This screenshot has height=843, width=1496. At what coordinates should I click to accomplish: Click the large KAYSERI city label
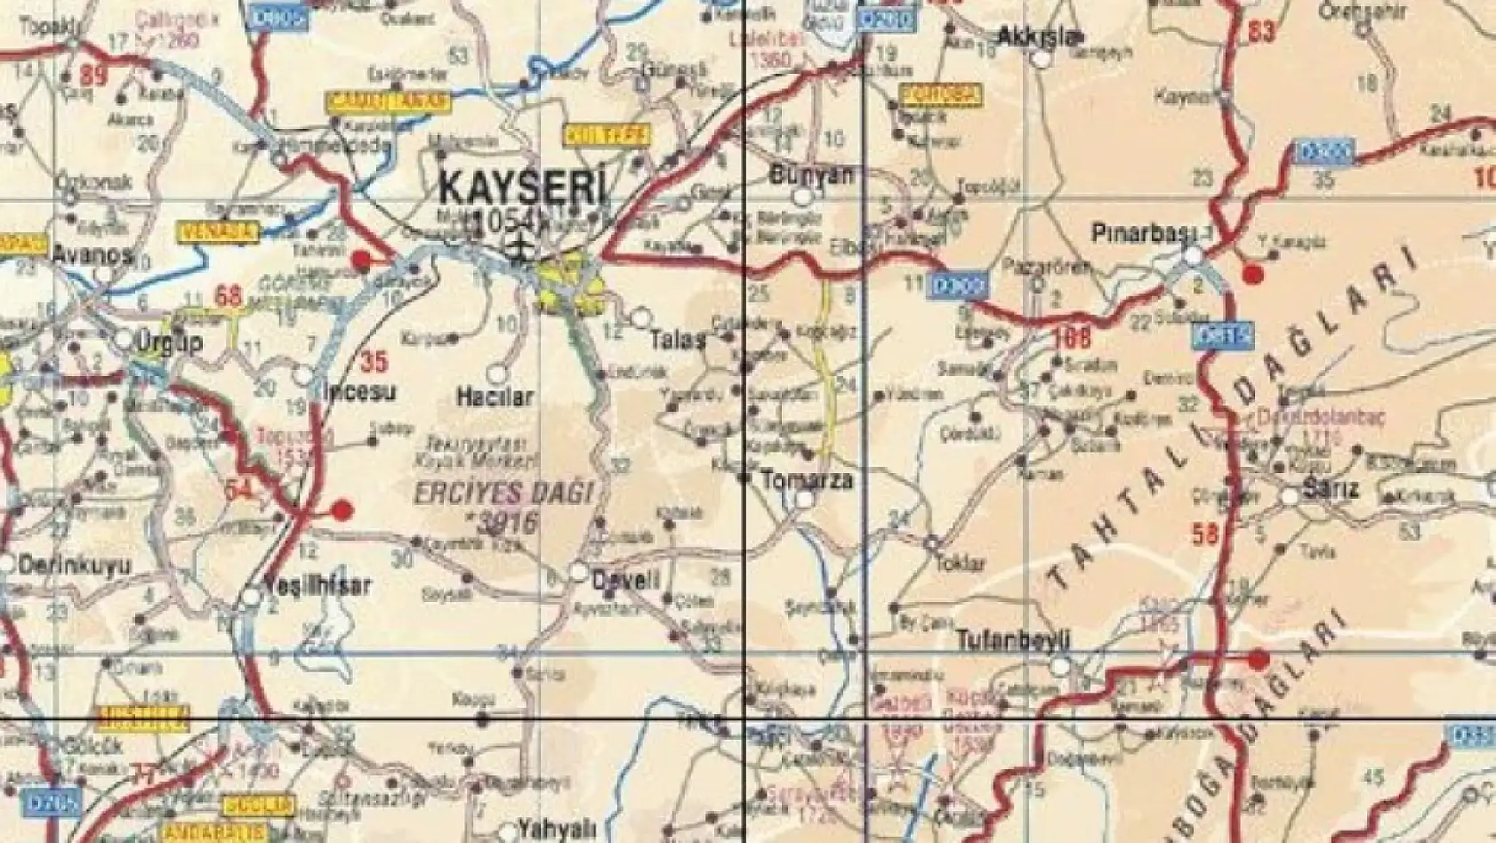tap(524, 188)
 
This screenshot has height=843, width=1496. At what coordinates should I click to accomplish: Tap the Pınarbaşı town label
tap(1141, 232)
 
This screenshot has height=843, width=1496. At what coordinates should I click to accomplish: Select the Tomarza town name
tap(806, 480)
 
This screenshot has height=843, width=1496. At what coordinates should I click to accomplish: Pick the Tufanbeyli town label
tap(1013, 640)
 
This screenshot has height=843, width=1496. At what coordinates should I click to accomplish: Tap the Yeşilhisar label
tap(318, 586)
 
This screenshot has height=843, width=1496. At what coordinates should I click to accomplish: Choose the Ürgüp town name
tap(167, 342)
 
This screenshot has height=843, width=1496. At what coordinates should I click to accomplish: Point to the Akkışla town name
tap(1029, 36)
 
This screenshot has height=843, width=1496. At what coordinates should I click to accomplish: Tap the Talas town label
tap(678, 339)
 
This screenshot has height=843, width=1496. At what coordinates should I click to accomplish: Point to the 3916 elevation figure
tap(507, 521)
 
